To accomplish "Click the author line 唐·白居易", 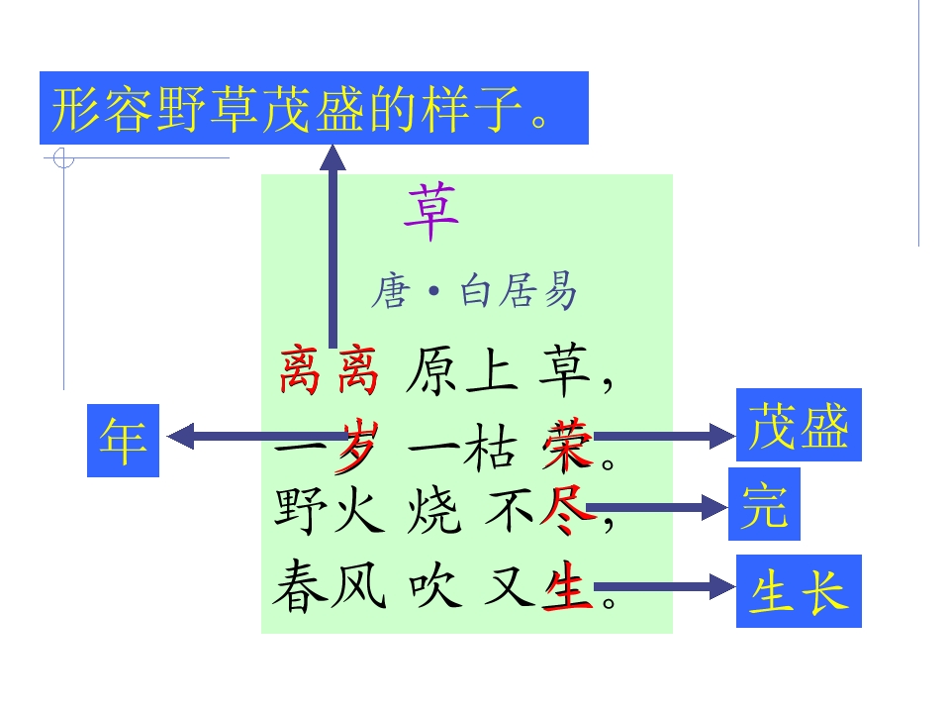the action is coord(473,291).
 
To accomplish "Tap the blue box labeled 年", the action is coord(123,440).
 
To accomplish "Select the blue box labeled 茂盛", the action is coord(799,425).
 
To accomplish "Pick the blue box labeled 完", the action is coord(764,504).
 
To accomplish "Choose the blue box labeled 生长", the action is coord(799,591).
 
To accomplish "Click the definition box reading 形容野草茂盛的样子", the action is coord(314,108).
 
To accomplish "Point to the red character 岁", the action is coord(357,446).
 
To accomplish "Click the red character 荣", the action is coord(567,446).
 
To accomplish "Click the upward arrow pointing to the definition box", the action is coord(332,246).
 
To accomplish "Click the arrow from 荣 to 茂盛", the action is coord(665,436).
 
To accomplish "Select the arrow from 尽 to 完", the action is coord(657,507).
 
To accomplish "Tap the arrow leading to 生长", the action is coord(665,586).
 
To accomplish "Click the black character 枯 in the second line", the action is coord(490,447).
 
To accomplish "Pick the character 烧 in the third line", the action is coord(433,511).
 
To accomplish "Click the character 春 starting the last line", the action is coord(301,585).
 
